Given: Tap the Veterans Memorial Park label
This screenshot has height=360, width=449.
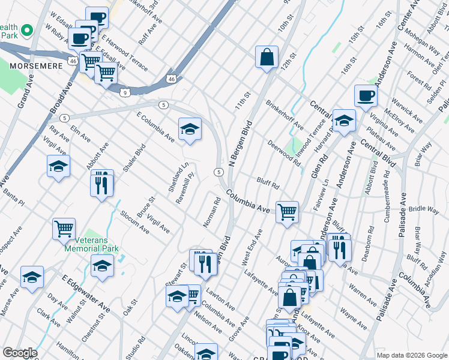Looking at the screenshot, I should (x=91, y=244).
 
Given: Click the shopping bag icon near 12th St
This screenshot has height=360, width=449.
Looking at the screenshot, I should (x=267, y=58).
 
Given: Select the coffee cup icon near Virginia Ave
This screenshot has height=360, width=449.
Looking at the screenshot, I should (x=365, y=96).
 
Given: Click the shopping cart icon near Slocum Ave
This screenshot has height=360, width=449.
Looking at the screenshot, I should (x=64, y=229).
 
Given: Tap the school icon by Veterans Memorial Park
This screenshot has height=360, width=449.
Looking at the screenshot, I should (x=103, y=266).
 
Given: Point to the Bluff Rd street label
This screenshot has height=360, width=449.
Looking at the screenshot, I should (x=268, y=182).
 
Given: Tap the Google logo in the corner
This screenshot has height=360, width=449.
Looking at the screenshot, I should (x=20, y=353).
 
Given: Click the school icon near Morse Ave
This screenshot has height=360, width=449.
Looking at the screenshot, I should (x=32, y=277).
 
